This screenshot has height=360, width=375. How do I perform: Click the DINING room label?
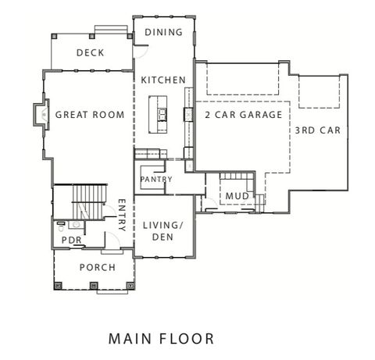(x=163, y=32)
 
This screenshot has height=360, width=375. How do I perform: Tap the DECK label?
(x=91, y=53)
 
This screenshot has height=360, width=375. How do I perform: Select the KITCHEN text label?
(x=163, y=80)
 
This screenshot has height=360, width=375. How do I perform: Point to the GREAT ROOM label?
(x=90, y=116)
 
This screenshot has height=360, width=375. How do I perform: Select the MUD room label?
(x=237, y=195)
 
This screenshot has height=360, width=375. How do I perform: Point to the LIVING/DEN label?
(x=162, y=231)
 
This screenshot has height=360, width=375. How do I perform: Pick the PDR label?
(x=72, y=240)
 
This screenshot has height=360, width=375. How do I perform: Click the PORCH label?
(x=97, y=268)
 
